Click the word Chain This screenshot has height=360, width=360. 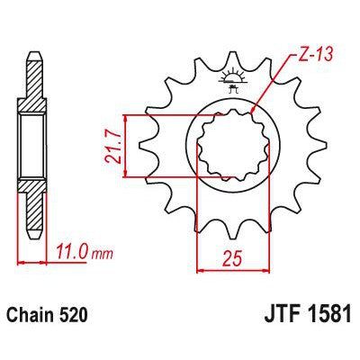point(35,316)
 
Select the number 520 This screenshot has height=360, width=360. point(75,316)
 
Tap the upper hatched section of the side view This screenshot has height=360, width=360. point(32,85)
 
